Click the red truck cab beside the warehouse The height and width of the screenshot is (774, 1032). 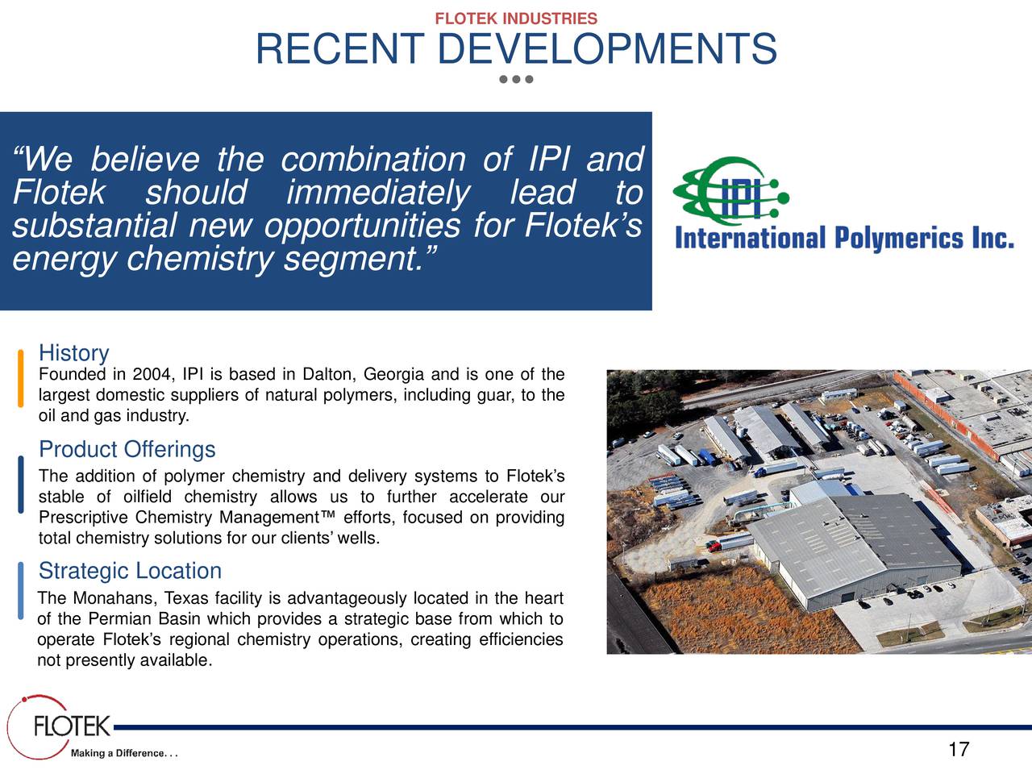(713, 546)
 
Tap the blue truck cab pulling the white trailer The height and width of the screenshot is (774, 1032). (759, 472)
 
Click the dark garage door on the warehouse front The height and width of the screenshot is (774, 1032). (847, 597)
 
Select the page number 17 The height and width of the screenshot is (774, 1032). (959, 749)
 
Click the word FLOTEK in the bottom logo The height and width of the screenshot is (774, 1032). (72, 726)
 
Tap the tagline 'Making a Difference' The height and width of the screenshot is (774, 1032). (124, 753)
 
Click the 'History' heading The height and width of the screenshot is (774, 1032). (74, 352)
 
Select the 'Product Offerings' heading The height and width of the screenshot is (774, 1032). (127, 449)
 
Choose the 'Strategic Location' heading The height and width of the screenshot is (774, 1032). (131, 571)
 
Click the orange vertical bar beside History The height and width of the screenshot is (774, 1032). (21, 378)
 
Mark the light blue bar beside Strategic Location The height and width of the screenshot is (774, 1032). (21, 590)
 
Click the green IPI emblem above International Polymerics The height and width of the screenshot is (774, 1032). (731, 192)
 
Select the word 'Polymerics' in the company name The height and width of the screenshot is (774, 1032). (898, 238)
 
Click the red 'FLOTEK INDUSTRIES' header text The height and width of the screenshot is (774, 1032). (516, 19)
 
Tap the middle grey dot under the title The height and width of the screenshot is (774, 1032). (516, 79)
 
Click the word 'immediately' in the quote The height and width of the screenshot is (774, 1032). (378, 193)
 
